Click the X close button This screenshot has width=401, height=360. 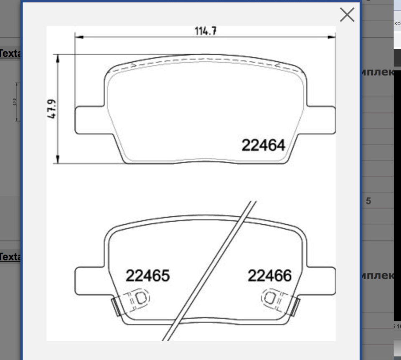[x=347, y=15]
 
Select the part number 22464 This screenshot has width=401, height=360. [x=263, y=145]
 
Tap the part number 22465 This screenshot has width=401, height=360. [x=147, y=276]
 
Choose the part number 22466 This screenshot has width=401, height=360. [x=269, y=276]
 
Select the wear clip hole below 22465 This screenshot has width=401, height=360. [x=141, y=298]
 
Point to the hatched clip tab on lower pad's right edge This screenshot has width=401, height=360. [x=296, y=307]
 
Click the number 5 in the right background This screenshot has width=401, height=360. [x=368, y=201]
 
